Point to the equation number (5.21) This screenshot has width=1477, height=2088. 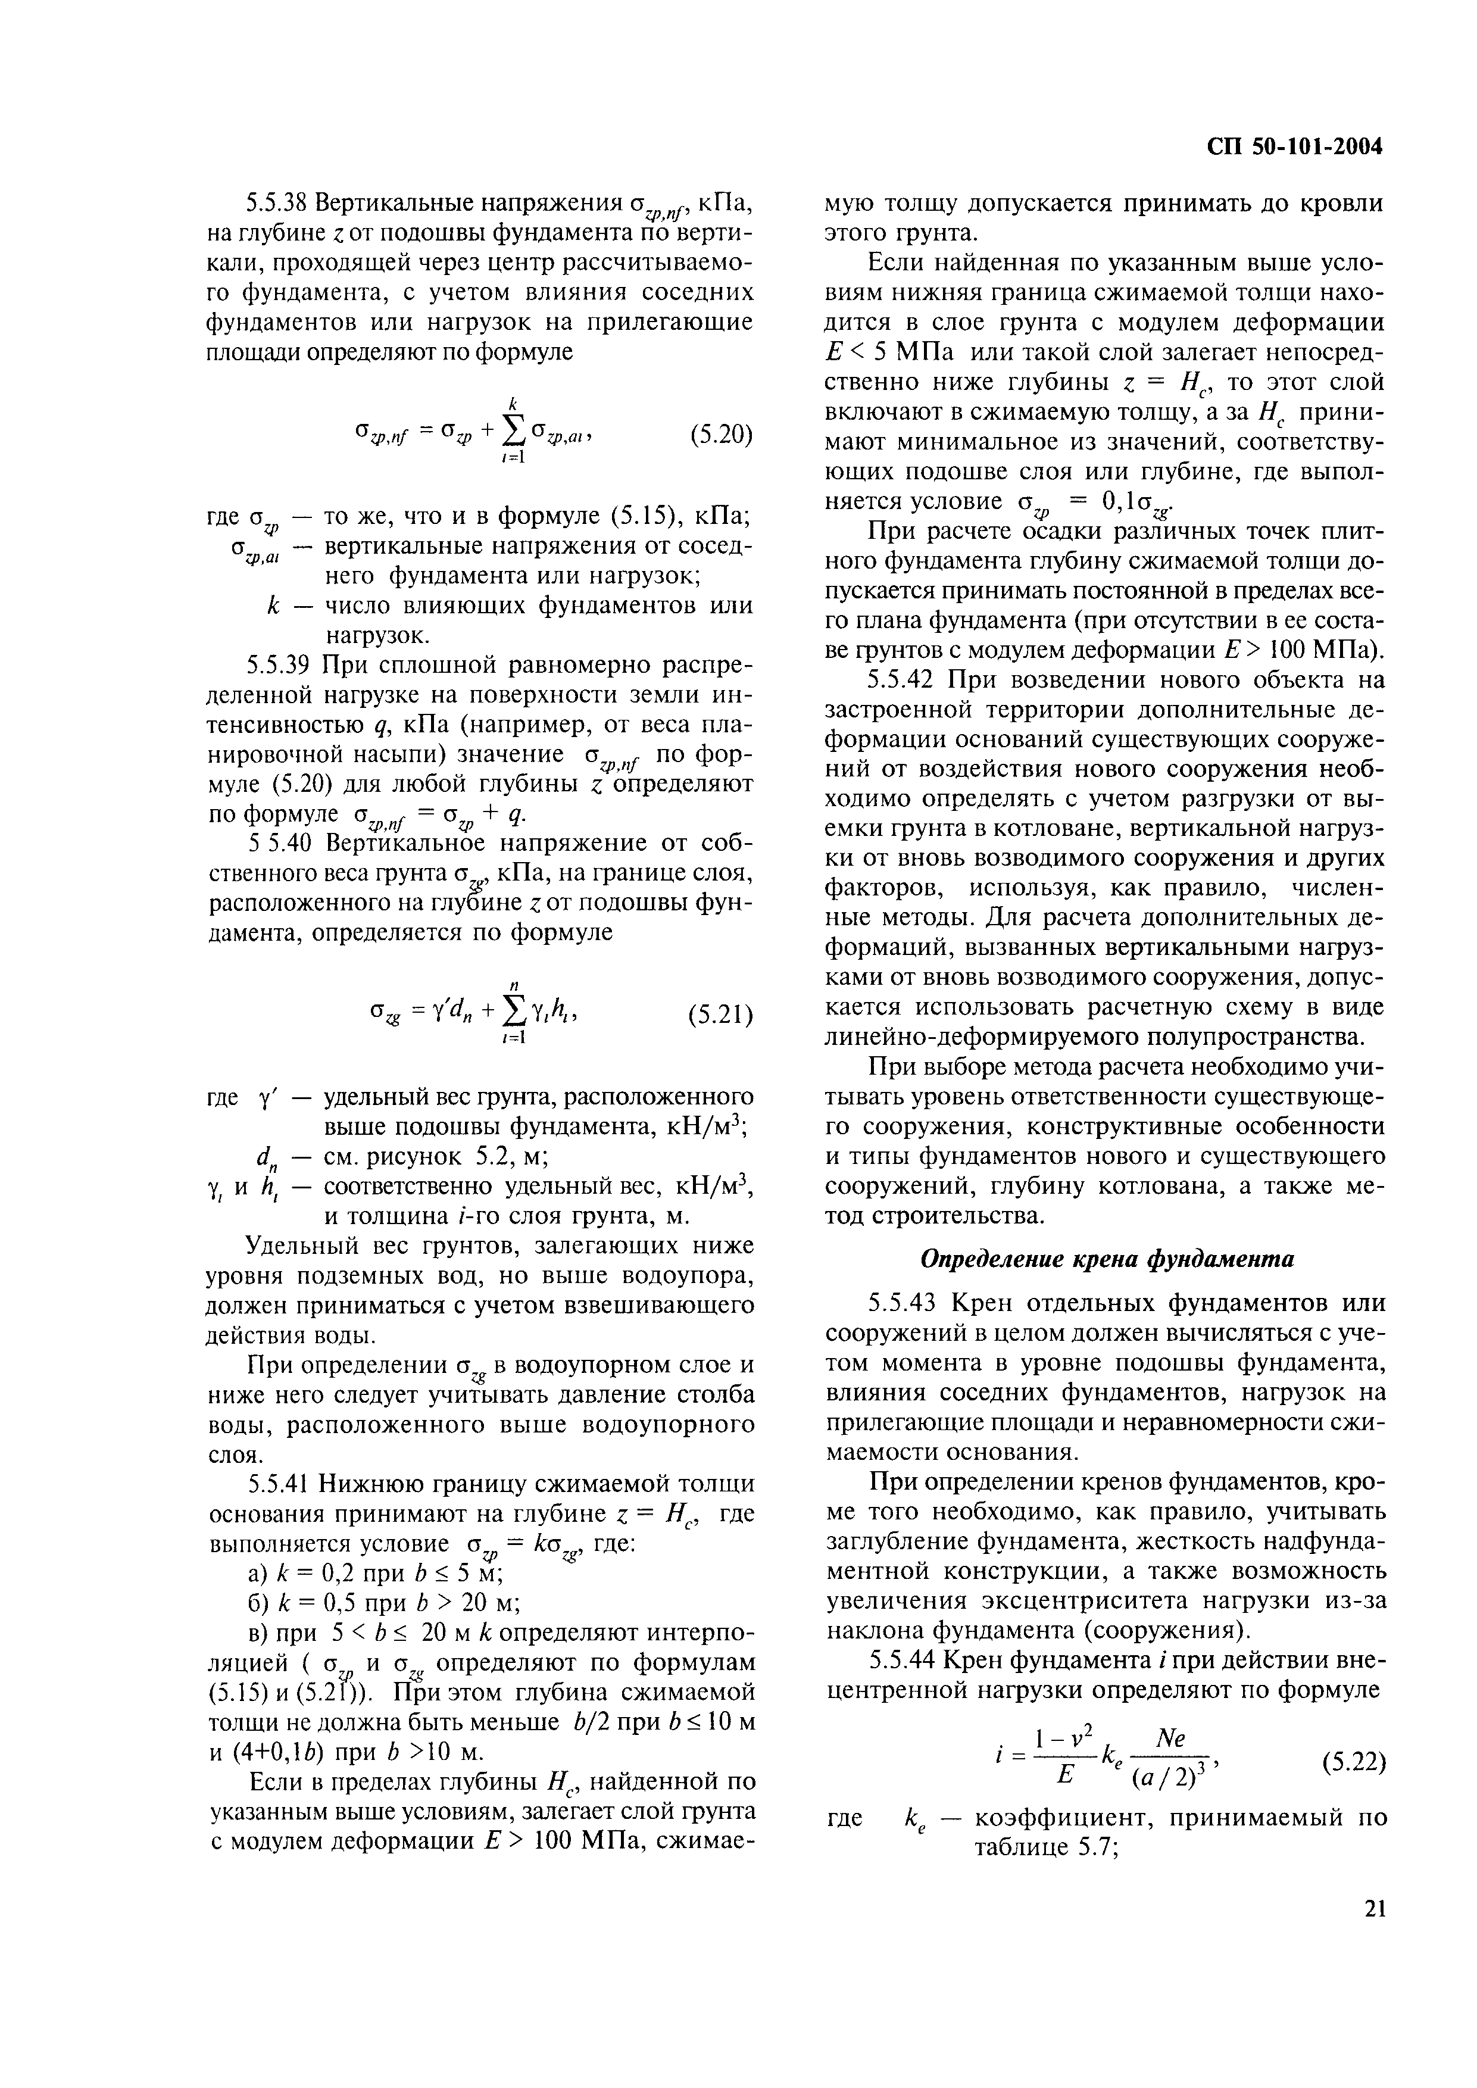[720, 1013]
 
